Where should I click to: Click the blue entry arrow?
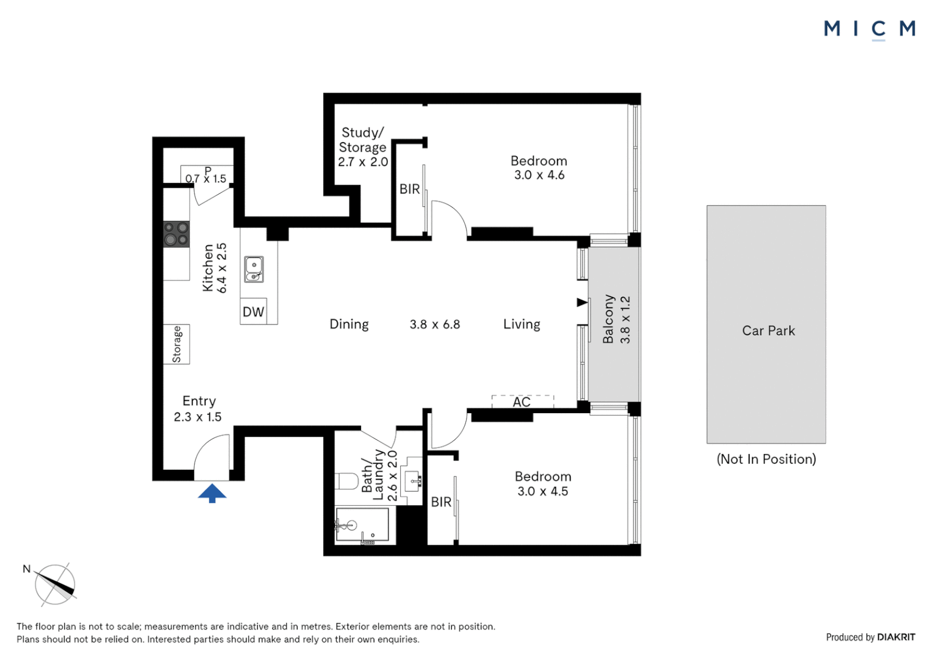[212, 492]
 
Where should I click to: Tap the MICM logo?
[869, 29]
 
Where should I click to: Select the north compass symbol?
[55, 585]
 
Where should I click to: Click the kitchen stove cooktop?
[176, 234]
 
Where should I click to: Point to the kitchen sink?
[254, 269]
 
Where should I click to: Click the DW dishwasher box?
[253, 312]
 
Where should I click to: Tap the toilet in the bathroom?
[346, 481]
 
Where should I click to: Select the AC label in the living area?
[522, 402]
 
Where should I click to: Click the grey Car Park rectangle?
[766, 324]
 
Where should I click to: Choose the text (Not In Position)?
[766, 459]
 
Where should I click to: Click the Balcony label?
[608, 319]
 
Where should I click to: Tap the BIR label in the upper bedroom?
[409, 189]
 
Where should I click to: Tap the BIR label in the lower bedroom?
[441, 502]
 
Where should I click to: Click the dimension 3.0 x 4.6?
[539, 175]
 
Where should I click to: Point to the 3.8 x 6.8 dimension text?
[435, 325]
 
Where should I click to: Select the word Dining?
[349, 324]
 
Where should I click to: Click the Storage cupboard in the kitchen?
[176, 344]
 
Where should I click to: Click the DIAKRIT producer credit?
[896, 637]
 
